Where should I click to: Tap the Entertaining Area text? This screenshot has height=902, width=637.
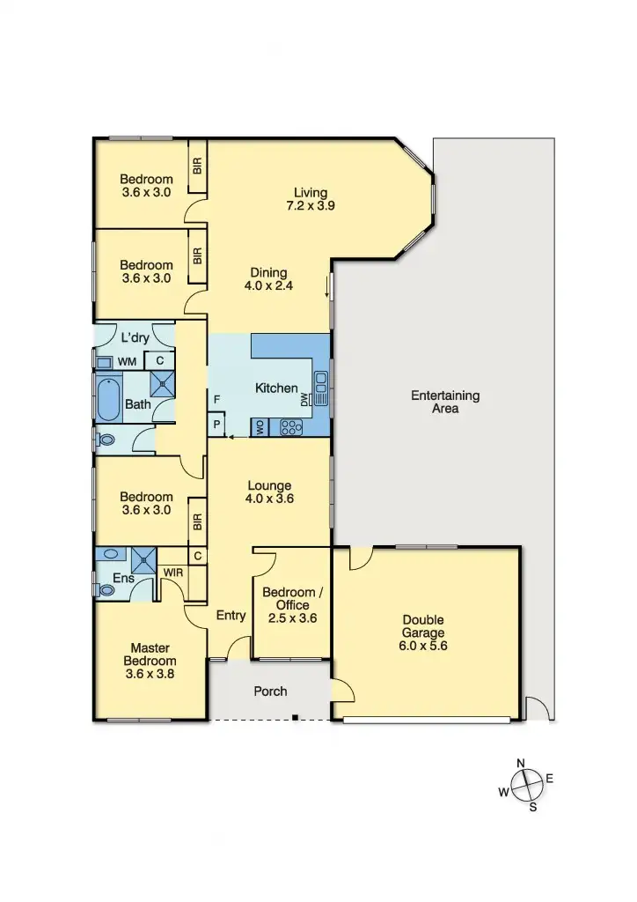[445, 402]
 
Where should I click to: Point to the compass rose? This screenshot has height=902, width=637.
[527, 784]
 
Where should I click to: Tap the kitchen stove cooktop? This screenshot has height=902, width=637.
[290, 427]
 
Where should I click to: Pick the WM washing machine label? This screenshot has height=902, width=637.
[127, 361]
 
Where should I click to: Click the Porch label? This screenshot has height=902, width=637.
[270, 691]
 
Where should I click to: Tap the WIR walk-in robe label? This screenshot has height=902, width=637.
[172, 573]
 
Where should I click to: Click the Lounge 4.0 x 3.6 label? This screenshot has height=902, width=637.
[269, 492]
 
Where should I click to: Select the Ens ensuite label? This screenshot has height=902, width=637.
[124, 578]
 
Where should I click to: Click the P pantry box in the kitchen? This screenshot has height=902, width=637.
[216, 425]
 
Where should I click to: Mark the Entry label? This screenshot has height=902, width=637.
[231, 616]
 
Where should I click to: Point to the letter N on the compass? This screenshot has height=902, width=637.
[521, 764]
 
